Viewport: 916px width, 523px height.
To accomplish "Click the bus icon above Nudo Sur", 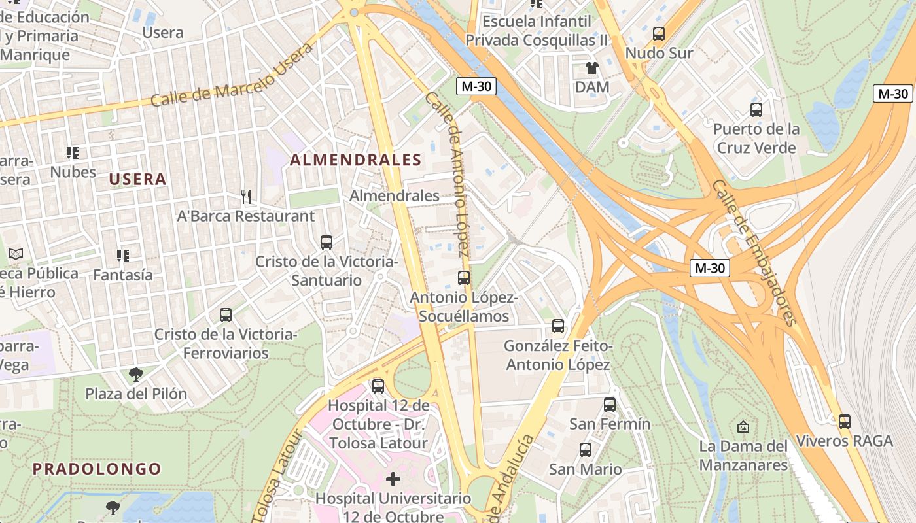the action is click(659, 33).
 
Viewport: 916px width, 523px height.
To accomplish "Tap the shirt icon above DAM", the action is click(591, 68).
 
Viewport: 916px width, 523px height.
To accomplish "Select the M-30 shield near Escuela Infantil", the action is click(476, 86).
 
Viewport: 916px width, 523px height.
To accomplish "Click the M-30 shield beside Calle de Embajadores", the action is click(710, 267).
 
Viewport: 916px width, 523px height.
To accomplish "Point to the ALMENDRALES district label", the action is click(356, 160).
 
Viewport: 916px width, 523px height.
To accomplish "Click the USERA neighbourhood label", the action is click(137, 179).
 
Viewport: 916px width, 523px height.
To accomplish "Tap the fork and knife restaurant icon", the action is click(246, 196).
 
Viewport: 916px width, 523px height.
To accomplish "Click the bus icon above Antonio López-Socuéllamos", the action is click(464, 278).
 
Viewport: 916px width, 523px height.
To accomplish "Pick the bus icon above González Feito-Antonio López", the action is click(558, 326).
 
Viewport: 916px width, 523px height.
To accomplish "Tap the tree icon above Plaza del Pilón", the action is click(136, 375).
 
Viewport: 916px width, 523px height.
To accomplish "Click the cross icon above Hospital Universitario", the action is click(393, 479).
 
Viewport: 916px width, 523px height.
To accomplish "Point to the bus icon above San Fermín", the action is click(610, 405).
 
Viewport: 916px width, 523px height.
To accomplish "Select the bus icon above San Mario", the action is click(586, 450).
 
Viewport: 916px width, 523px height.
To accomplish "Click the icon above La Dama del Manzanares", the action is click(743, 427).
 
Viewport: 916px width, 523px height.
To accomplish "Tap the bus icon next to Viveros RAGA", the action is click(845, 422).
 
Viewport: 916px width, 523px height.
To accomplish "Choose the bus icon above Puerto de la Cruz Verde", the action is click(756, 110).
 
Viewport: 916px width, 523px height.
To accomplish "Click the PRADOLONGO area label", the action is click(97, 469).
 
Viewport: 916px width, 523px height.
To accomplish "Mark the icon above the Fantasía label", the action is click(122, 255).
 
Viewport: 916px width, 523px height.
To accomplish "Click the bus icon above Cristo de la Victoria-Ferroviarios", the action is click(226, 315).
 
